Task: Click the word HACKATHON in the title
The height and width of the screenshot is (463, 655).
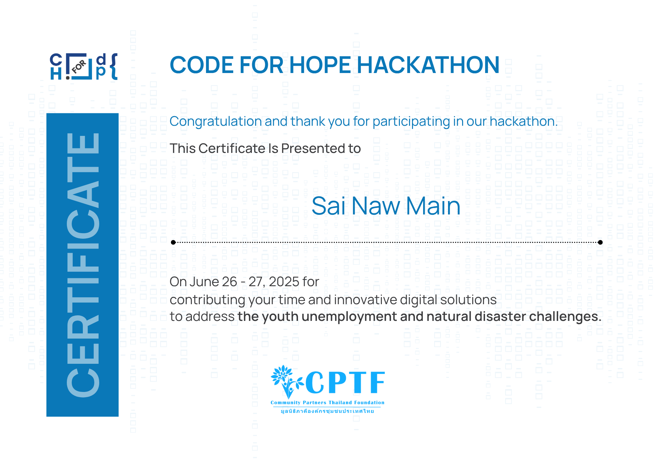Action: pyautogui.click(x=428, y=65)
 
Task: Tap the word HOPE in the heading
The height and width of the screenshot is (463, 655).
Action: pyautogui.click(x=320, y=65)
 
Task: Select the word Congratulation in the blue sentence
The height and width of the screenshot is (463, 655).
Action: pyautogui.click(x=215, y=122)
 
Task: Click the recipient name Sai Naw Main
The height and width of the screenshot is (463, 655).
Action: pyautogui.click(x=386, y=206)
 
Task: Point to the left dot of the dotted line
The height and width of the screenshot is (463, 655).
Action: pyautogui.click(x=173, y=242)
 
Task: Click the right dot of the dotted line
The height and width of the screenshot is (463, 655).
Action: pyautogui.click(x=600, y=242)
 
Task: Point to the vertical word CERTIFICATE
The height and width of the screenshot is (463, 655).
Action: pyautogui.click(x=83, y=265)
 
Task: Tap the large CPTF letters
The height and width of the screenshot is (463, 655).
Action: pyautogui.click(x=345, y=382)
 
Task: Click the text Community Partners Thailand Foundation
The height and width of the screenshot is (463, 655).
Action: pyautogui.click(x=327, y=403)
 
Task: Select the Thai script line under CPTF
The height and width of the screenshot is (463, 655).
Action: pyautogui.click(x=327, y=411)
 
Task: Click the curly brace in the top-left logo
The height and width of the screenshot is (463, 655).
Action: pyautogui.click(x=114, y=66)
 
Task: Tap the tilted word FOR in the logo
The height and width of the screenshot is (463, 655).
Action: pyautogui.click(x=79, y=66)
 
